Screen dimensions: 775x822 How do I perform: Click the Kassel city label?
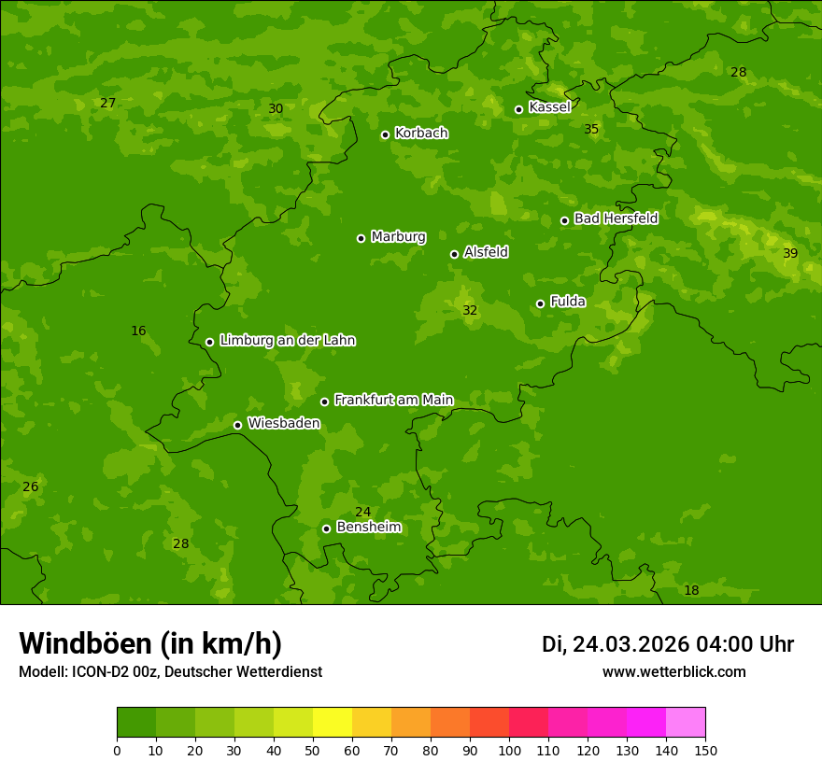pos(549,107)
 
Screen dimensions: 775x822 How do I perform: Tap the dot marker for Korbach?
pos(385,134)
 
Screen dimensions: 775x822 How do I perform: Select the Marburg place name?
pos(398,237)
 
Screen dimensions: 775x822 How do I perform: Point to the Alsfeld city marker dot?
pos(454,254)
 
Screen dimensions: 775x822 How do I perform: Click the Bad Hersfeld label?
pos(616,218)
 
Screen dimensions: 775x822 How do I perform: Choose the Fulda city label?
pos(568,302)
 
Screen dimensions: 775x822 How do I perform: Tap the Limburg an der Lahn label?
pos(287,341)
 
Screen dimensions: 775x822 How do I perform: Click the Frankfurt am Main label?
pos(393,400)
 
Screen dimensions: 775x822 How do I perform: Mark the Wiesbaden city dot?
pos(237,425)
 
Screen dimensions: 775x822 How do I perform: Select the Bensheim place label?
pos(368,527)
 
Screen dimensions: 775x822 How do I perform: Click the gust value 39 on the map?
pos(790,254)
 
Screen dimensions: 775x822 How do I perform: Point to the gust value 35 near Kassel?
pos(591,129)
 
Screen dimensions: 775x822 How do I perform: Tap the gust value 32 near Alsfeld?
pos(470,311)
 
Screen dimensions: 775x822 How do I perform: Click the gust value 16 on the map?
pos(138,331)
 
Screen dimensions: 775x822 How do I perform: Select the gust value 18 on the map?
pos(691,591)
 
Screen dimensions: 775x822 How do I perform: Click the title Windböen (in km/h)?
pos(150,643)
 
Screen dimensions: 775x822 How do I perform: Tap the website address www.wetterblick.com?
pos(673,672)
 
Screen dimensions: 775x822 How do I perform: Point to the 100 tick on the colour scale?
pos(509,750)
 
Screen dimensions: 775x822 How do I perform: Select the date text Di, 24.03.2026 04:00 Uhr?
pos(667,644)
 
